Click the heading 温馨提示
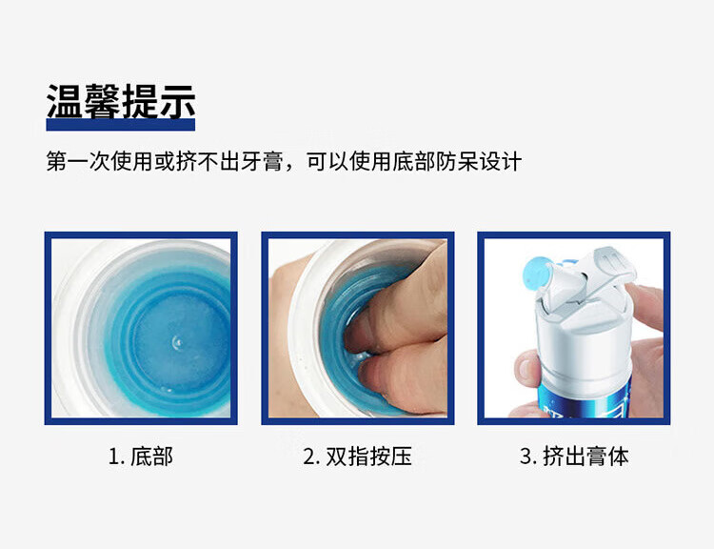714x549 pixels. pos(121,101)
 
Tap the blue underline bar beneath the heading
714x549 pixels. pos(121,125)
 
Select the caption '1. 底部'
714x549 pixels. pos(141,457)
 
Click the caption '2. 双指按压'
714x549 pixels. pos(357,457)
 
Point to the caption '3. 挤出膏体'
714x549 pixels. pos(574,457)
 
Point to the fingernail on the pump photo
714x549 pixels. pos(526,368)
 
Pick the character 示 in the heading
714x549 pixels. pos(178,101)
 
